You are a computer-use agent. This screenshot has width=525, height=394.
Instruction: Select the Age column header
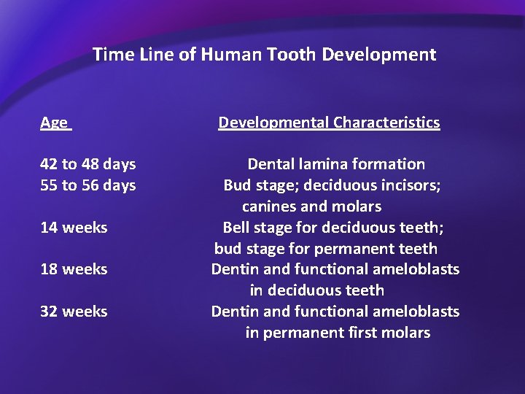(54, 123)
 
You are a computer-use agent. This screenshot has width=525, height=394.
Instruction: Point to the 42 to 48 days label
(88, 164)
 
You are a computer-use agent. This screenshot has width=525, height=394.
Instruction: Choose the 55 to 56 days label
(88, 185)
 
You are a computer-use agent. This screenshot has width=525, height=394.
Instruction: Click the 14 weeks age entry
(74, 228)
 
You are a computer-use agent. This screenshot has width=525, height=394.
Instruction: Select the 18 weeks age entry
(74, 269)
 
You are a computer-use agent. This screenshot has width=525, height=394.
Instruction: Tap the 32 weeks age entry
(74, 312)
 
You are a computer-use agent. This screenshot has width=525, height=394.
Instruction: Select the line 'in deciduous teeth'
(316, 290)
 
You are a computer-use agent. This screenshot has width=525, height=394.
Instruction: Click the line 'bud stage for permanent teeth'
(326, 249)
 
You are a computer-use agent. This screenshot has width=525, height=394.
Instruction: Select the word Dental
(271, 164)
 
